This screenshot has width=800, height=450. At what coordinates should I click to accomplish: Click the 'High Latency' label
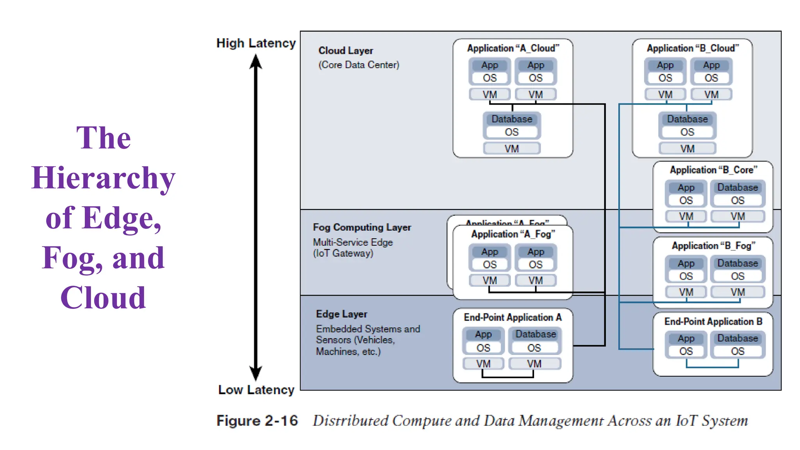click(x=256, y=43)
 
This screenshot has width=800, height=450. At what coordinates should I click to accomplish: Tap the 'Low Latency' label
click(x=256, y=389)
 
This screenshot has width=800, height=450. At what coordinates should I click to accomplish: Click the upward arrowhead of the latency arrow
click(x=256, y=62)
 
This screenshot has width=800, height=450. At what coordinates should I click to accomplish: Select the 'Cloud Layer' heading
click(x=346, y=51)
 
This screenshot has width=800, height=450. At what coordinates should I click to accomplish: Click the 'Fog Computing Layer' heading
click(x=362, y=227)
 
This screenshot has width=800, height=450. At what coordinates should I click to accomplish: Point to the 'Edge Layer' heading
click(x=341, y=314)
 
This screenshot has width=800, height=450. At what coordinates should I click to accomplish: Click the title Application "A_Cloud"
click(x=513, y=48)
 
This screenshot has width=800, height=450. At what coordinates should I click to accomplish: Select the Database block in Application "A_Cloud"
click(x=512, y=119)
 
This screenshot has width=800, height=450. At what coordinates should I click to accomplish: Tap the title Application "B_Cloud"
click(x=693, y=48)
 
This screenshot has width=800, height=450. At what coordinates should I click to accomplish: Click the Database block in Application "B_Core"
click(x=737, y=187)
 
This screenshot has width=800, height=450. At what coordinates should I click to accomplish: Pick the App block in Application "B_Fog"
click(x=686, y=264)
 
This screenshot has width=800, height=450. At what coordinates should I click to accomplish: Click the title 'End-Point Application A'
click(x=512, y=318)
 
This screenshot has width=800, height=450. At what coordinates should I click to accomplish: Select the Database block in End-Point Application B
click(x=737, y=338)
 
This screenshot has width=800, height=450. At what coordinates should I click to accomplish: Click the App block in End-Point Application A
click(x=483, y=335)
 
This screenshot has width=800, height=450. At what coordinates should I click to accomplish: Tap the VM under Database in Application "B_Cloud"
click(x=687, y=149)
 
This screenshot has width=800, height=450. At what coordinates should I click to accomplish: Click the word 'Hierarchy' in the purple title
click(x=103, y=178)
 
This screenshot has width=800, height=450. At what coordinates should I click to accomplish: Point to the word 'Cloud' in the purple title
click(x=103, y=298)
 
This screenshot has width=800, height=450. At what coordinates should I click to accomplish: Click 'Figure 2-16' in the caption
click(x=257, y=421)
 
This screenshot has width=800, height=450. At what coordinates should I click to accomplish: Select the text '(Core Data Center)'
click(x=359, y=65)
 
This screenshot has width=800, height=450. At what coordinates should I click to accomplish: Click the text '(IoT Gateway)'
click(x=343, y=254)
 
